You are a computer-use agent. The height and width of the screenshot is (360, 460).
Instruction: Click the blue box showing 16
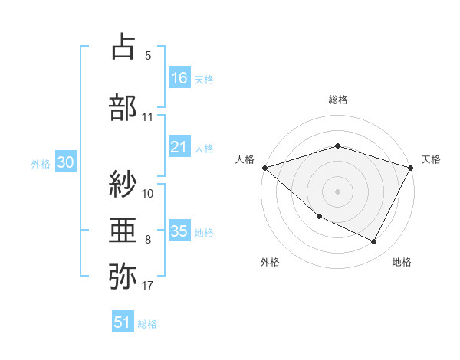pyautogui.click(x=179, y=78)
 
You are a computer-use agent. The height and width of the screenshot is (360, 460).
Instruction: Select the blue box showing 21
pyautogui.click(x=179, y=147)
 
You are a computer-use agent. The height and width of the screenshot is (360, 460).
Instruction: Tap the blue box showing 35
pyautogui.click(x=179, y=232)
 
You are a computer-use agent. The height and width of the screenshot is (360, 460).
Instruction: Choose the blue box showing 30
pyautogui.click(x=65, y=163)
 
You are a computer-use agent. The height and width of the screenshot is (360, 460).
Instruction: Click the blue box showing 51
pyautogui.click(x=123, y=322)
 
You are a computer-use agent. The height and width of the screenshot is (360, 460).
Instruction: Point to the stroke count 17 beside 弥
pyautogui.click(x=148, y=286)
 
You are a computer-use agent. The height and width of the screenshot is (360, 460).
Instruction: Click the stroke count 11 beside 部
pyautogui.click(x=148, y=117)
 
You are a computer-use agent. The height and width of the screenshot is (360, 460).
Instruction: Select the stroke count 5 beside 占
pyautogui.click(x=147, y=56)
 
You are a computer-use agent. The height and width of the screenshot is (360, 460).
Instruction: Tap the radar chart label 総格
pyautogui.click(x=337, y=100)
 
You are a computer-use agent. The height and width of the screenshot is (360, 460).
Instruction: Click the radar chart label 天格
pyautogui.click(x=431, y=159)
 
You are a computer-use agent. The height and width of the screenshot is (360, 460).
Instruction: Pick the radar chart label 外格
pyautogui.click(x=270, y=263)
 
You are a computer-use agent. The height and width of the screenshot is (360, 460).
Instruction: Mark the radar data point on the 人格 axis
pyautogui.click(x=264, y=168)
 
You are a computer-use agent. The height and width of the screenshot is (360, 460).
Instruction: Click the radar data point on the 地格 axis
pyautogui.click(x=374, y=242)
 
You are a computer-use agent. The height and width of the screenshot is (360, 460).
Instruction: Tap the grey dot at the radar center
pyautogui.click(x=337, y=191)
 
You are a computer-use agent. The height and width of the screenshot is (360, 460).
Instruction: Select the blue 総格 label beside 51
pyautogui.click(x=147, y=324)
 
